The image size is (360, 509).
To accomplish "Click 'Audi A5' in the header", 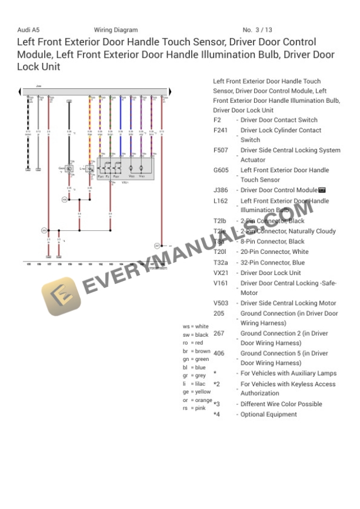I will (x=28, y=30).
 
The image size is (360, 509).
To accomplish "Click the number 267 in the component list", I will (x=218, y=333).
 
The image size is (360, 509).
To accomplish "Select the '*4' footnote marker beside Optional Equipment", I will (x=216, y=414).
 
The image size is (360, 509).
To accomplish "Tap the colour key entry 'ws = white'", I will (x=195, y=326).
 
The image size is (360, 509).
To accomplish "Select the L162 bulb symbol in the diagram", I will (x=89, y=169).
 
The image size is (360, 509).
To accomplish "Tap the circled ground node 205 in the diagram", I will (x=43, y=230).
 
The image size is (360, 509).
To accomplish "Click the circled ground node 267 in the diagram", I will (x=157, y=245).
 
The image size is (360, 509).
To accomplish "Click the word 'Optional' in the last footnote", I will (x=254, y=414).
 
